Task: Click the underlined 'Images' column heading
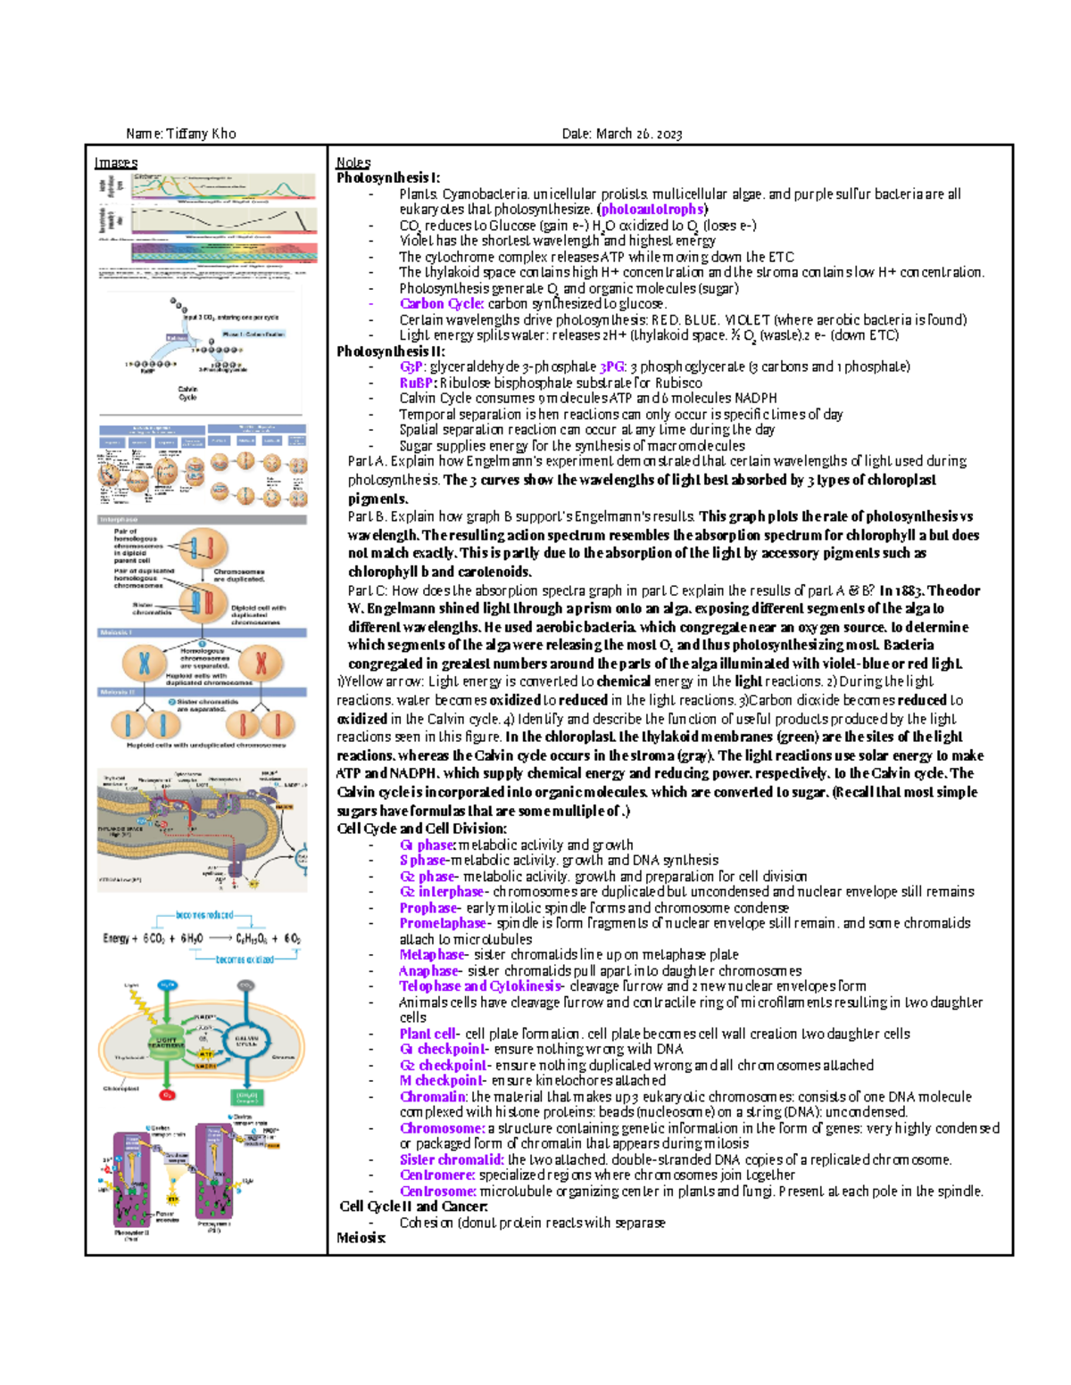click(x=116, y=162)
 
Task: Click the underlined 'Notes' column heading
click(x=353, y=162)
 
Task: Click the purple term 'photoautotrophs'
click(x=652, y=210)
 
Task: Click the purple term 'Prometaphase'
click(x=443, y=923)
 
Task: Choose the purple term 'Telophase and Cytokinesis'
click(x=480, y=986)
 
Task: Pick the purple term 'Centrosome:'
click(x=437, y=1191)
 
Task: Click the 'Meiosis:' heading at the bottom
click(x=361, y=1238)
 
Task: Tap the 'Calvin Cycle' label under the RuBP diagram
click(x=187, y=393)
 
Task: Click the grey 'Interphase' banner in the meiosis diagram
click(x=120, y=519)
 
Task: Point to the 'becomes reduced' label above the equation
click(x=204, y=915)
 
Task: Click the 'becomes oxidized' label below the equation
click(x=245, y=960)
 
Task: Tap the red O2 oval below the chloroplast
click(x=167, y=1094)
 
